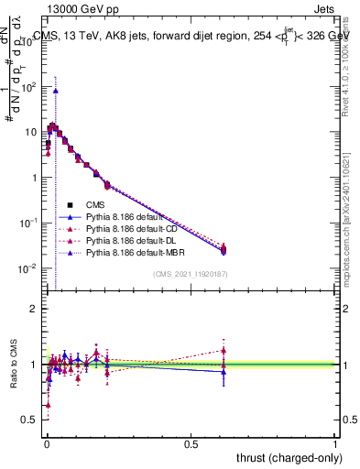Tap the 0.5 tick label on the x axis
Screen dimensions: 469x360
[191, 443]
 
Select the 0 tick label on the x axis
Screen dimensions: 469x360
[47, 443]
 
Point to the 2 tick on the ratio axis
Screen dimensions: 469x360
[34, 309]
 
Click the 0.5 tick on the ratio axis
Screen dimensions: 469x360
[29, 420]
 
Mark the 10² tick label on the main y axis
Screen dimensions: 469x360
[27, 87]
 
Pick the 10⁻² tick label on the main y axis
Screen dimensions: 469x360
[27, 268]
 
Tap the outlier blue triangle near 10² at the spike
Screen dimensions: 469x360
[55, 91]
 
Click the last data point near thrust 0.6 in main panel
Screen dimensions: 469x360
[224, 249]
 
